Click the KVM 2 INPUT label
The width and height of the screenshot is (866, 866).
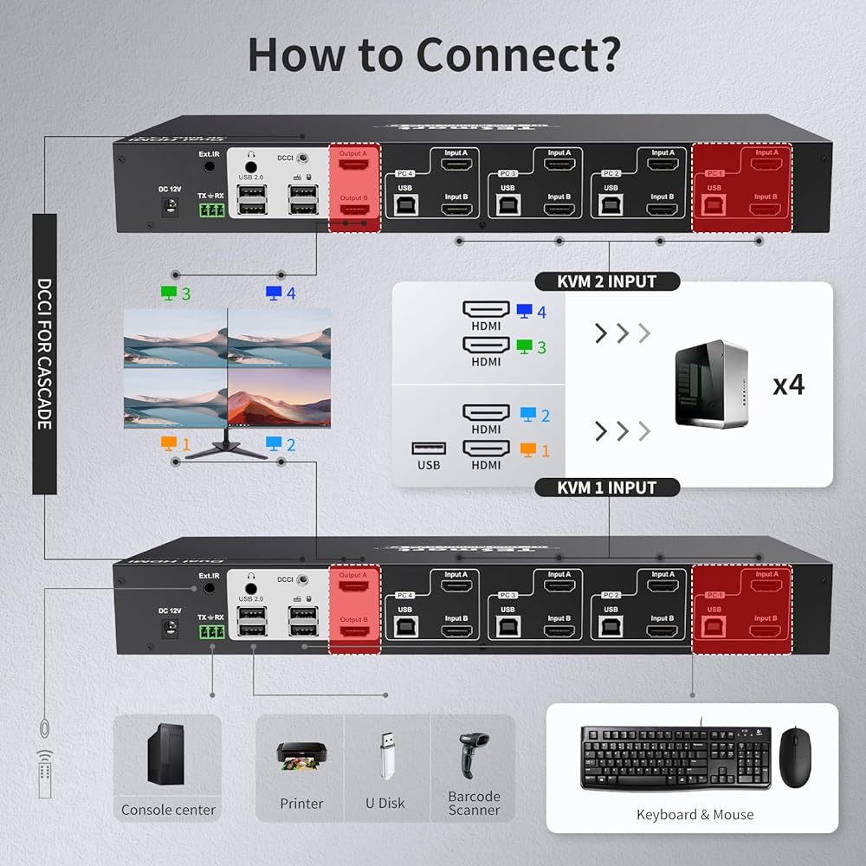tap(607, 281)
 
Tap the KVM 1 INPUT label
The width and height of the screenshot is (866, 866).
tap(607, 488)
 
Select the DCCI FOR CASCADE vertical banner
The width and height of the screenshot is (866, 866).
tap(44, 353)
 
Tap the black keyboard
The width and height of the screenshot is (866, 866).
tap(675, 757)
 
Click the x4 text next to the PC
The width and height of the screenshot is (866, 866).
tap(788, 385)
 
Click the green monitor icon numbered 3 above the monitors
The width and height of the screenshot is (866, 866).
tap(169, 294)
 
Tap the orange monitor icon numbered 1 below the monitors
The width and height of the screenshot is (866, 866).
tap(169, 444)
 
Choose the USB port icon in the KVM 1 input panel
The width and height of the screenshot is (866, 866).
tap(429, 448)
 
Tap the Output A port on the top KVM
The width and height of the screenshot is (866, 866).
tap(353, 164)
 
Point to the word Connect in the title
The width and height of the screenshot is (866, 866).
tap(518, 54)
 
